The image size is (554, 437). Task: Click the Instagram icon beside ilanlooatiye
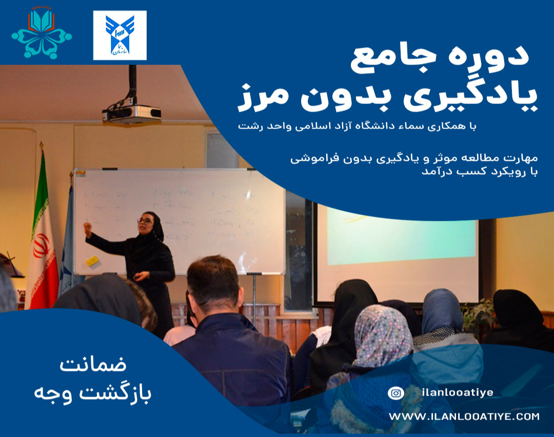point(395,393)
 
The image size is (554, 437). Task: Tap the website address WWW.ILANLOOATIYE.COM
point(464,417)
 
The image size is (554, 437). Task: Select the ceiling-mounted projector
point(132,113)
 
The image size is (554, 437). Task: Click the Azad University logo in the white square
point(120,35)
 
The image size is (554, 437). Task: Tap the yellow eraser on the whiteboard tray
point(92,261)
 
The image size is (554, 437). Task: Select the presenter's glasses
point(145,221)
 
